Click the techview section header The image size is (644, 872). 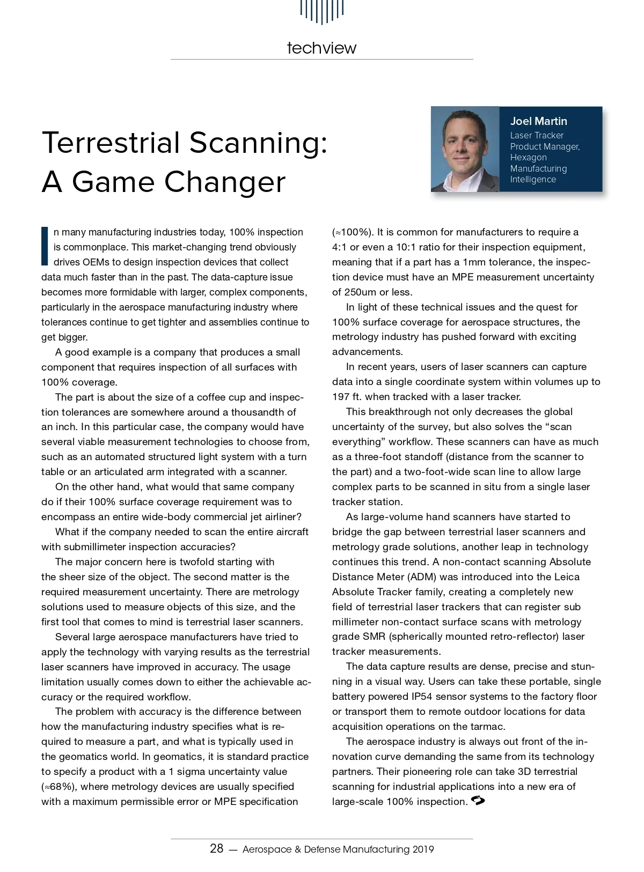pos(321,48)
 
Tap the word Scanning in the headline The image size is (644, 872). pos(258,143)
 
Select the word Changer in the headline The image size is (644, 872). pos(225,182)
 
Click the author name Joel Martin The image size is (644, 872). pos(538,121)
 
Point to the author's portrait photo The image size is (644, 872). pos(465,150)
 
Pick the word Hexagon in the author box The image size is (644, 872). pos(528,158)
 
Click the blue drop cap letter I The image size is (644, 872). pos(45,246)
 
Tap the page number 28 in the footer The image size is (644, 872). pos(216,848)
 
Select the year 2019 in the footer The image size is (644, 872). pos(423,849)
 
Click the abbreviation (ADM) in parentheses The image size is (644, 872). pos(423,577)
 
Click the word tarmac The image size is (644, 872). pos(488,727)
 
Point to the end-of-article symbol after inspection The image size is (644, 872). pos(477,801)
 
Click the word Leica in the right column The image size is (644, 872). pos(566,577)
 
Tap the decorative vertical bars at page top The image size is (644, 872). pos(321,11)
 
